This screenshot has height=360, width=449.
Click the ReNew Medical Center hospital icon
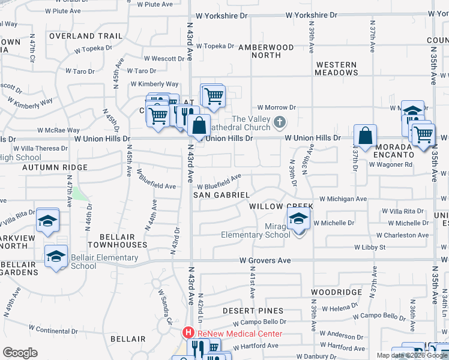click(188, 332)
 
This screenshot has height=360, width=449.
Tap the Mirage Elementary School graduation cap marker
click(298, 220)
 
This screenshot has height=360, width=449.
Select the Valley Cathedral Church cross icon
click(279, 122)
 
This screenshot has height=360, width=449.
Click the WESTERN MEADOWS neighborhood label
click(336, 68)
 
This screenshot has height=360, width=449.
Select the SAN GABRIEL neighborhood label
click(221, 195)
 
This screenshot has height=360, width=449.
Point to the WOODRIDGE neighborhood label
click(336, 292)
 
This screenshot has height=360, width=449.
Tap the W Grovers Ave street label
click(265, 260)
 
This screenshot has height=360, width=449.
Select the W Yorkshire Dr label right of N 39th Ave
click(309, 14)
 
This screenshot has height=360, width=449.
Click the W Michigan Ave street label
click(343, 199)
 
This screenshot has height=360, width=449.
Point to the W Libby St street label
click(369, 247)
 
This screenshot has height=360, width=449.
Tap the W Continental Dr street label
click(53, 329)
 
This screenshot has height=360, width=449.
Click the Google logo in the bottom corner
click(20, 352)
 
